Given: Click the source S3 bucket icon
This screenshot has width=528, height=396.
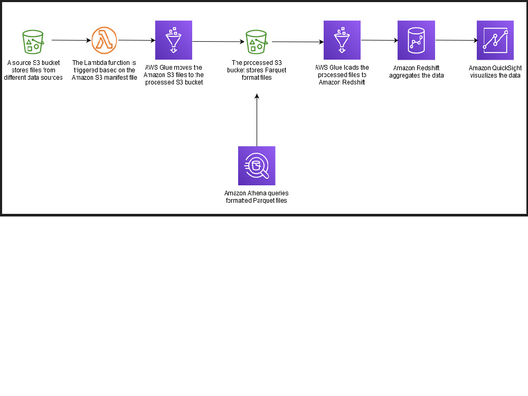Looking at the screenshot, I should (x=33, y=41).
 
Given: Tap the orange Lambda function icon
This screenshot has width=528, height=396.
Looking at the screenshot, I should (x=104, y=41).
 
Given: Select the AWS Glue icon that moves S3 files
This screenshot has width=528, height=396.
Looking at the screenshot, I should (x=173, y=40).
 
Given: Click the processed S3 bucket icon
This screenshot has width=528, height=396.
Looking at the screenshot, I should (x=257, y=41).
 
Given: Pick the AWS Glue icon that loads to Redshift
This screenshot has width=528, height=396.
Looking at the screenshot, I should (x=342, y=40).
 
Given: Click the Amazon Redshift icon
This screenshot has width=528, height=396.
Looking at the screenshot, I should (x=416, y=40).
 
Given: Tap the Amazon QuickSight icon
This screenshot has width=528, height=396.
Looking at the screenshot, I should (x=495, y=40).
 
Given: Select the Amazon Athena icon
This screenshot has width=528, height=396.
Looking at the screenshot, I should (x=257, y=166).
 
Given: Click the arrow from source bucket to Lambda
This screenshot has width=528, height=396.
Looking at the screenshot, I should (x=71, y=40).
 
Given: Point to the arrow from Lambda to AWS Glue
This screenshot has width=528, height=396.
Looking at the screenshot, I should (x=136, y=40).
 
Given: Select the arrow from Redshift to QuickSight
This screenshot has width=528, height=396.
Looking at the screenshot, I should (x=456, y=40).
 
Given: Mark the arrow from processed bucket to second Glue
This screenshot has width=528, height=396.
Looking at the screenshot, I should (x=298, y=42).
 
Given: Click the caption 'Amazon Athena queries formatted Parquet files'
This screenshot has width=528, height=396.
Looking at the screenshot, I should (x=256, y=197).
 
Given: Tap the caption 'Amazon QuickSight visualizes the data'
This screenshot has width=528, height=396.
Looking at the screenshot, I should (x=495, y=72).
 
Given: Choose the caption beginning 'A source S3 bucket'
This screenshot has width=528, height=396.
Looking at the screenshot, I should (x=33, y=70).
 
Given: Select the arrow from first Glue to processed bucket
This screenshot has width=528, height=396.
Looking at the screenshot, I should (x=218, y=42).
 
